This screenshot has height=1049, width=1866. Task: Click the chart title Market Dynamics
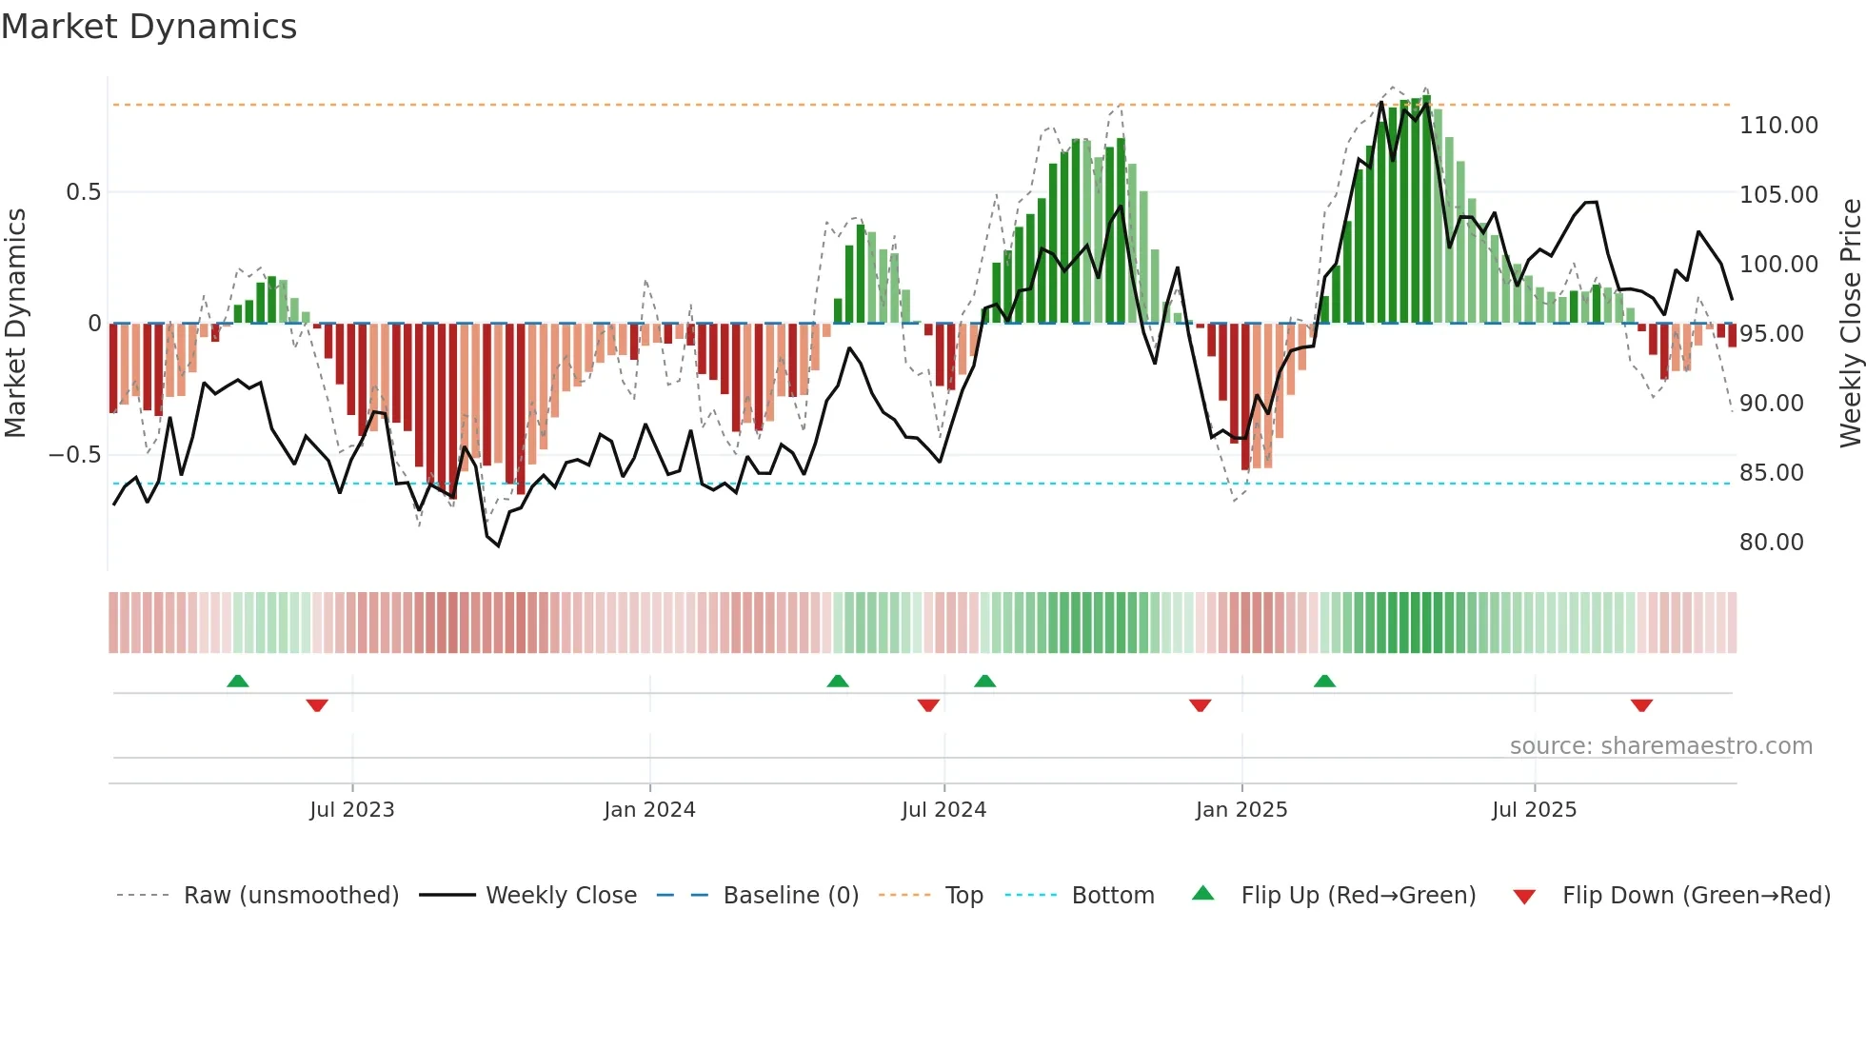coord(149,27)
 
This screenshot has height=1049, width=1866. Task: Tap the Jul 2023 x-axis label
coord(351,810)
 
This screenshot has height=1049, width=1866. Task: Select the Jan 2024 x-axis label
coord(649,810)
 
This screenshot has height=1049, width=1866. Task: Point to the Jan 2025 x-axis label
coord(1241,810)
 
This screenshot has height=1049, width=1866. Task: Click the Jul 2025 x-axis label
coord(1534,810)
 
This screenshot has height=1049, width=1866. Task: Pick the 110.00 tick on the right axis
coord(1778,126)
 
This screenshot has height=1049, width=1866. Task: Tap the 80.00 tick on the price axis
coord(1771,543)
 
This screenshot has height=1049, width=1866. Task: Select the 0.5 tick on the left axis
coord(83,192)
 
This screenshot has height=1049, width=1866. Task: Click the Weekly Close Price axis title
coord(1850,324)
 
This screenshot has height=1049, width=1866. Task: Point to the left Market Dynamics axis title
coord(15,324)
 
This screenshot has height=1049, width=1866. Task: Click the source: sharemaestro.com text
coord(1660,746)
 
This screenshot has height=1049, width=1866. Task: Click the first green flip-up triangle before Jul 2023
coord(238,682)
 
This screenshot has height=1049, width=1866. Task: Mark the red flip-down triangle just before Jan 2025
coord(1200,705)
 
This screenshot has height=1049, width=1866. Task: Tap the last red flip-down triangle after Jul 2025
coord(1641,705)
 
